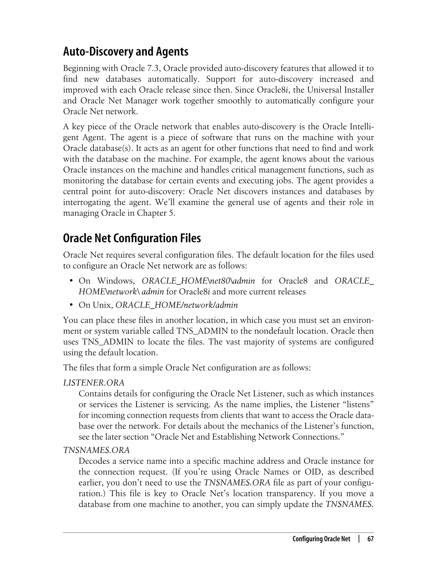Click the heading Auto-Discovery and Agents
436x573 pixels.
coord(126,52)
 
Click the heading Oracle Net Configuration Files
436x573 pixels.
coord(132,238)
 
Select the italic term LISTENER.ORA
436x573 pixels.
coord(94,383)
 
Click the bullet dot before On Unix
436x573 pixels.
coord(71,305)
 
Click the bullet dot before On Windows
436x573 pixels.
coord(71,281)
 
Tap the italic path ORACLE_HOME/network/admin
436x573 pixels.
coord(176,305)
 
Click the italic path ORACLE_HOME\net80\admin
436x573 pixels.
coord(198,281)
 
